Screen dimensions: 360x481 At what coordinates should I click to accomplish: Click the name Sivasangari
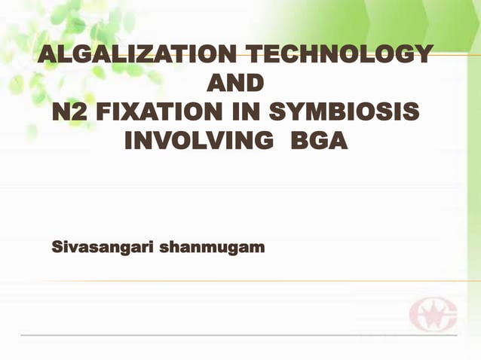click(x=101, y=246)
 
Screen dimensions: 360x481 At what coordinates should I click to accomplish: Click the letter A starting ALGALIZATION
click(x=48, y=55)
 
